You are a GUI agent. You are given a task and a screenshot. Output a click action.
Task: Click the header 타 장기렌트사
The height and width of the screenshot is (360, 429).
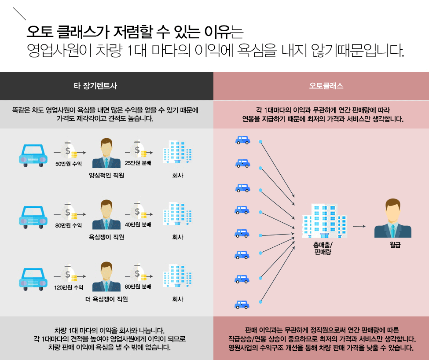[x=95, y=86]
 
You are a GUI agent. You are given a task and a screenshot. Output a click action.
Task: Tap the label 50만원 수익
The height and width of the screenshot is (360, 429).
[x=69, y=164]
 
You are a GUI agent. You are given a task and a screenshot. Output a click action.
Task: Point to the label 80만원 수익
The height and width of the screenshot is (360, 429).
[x=69, y=225]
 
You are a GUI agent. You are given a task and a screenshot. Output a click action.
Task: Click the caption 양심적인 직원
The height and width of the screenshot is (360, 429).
[x=106, y=176]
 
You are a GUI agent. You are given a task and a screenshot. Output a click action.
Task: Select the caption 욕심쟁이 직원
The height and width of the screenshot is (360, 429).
[x=106, y=237]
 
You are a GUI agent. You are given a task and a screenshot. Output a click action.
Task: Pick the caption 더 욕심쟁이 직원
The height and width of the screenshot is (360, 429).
[x=106, y=299]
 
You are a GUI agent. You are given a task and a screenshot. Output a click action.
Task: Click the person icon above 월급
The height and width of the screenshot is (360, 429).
[x=392, y=218]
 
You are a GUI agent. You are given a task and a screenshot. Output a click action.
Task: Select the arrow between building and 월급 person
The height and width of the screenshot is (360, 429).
[x=359, y=226]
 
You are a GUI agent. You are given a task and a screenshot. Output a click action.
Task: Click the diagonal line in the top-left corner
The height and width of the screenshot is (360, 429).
[x=20, y=15]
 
